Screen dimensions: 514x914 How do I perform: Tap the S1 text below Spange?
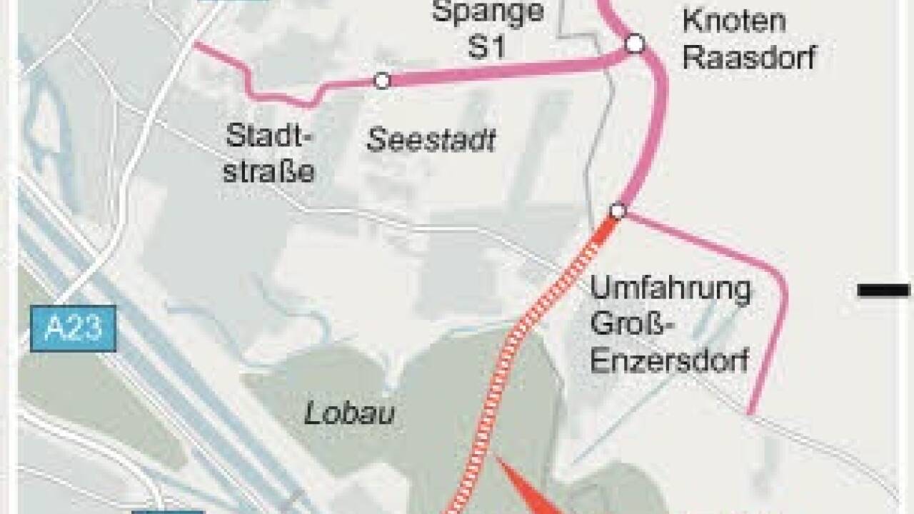pos(486,46)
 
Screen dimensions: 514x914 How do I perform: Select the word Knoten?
pos(734,21)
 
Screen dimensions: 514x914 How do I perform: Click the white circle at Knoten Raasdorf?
pos(635,44)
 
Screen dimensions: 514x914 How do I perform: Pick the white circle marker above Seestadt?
pos(382,81)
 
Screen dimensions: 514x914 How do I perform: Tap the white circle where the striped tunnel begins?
pos(618,211)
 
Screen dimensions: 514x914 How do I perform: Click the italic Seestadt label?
pos(431,141)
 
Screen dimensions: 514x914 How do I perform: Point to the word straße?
pos(269,172)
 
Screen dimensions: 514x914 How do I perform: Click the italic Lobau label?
pos(350,413)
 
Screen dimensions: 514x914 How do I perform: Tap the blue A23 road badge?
pos(74,328)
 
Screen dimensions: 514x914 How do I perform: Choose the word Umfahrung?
pos(671,291)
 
